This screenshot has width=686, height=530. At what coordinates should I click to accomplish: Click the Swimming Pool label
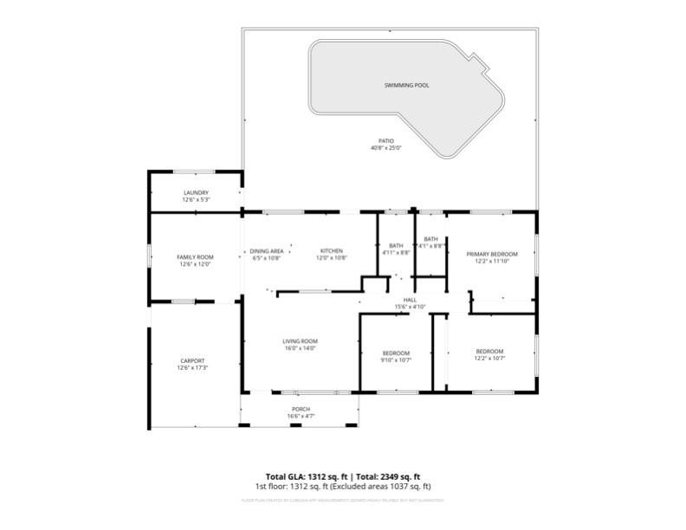click(x=406, y=86)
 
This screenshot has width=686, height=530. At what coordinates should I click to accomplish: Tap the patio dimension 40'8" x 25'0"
click(x=385, y=148)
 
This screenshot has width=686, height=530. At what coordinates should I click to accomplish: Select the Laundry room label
click(x=196, y=192)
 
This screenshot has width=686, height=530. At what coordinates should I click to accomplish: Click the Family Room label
click(x=195, y=257)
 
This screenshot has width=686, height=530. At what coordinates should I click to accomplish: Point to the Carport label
click(x=192, y=360)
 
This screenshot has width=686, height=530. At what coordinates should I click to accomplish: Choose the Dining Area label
click(x=268, y=250)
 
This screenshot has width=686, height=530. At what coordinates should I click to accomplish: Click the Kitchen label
click(x=332, y=250)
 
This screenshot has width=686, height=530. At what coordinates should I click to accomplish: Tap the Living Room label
click(x=301, y=341)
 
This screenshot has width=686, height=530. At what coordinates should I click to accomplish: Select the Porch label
click(x=301, y=409)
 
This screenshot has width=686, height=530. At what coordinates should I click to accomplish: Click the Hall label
click(x=410, y=300)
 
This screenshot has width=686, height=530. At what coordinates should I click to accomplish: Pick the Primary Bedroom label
click(x=491, y=254)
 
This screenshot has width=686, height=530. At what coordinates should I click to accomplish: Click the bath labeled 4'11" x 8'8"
click(x=396, y=252)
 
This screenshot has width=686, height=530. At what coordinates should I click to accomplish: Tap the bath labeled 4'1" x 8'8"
click(x=430, y=246)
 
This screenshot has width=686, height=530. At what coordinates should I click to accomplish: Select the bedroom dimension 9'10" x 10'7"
click(x=397, y=359)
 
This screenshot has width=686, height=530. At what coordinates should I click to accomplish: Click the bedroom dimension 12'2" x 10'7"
click(x=489, y=358)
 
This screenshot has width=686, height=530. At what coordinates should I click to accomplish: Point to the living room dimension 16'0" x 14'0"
click(x=301, y=348)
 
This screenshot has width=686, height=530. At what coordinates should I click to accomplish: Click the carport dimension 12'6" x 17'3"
click(x=192, y=368)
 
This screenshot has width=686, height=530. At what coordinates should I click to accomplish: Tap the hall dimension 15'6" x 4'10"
click(x=410, y=307)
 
